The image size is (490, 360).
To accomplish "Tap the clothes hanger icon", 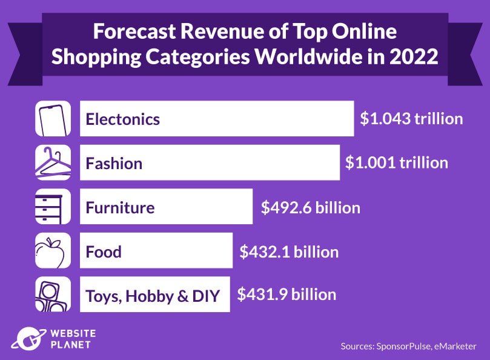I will pyautogui.click(x=53, y=163).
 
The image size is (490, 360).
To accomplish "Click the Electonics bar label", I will pyautogui.click(x=123, y=119).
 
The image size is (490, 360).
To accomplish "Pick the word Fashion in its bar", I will pyautogui.click(x=114, y=164).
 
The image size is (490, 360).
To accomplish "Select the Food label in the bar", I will pyautogui.click(x=104, y=252).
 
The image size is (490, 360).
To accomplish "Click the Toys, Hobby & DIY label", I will pyautogui.click(x=152, y=296).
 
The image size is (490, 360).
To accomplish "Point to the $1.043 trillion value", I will pyautogui.click(x=411, y=118).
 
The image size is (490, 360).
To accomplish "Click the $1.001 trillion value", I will pyautogui.click(x=397, y=162).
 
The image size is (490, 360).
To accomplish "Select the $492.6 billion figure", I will pyautogui.click(x=310, y=208).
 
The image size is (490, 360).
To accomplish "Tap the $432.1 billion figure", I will pyautogui.click(x=289, y=251).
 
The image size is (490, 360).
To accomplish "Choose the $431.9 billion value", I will pyautogui.click(x=286, y=295).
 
